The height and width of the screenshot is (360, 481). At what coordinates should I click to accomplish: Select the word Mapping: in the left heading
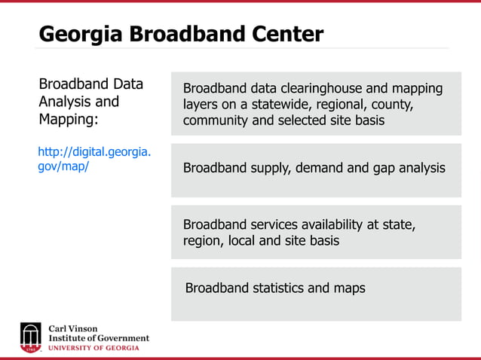coord(68,120)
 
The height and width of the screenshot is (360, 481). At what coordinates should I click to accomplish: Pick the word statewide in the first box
coord(280,105)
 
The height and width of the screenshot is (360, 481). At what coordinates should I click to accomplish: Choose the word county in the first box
coord(391,105)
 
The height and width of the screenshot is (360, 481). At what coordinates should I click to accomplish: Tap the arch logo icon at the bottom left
coord(30,337)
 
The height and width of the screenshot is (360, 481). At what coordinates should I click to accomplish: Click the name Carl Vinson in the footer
coord(72,329)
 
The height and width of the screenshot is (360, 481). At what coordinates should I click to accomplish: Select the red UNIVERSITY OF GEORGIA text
coord(93,348)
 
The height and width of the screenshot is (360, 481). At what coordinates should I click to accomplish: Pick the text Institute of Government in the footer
coord(99,338)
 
